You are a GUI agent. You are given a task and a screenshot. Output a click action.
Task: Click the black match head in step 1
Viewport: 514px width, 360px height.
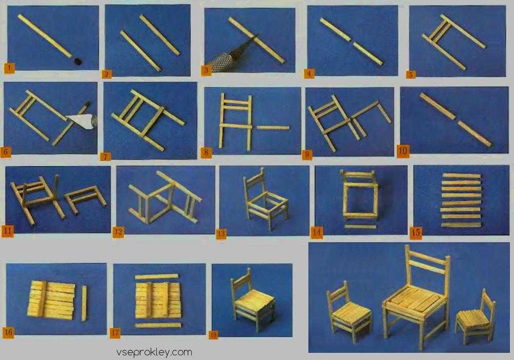coord(78,61)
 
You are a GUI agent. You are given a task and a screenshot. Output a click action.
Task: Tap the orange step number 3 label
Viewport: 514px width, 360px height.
coord(206,70)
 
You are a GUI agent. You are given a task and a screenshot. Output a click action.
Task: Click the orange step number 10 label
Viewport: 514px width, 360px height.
coord(403,151)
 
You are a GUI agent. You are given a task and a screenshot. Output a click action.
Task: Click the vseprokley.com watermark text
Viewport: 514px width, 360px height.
coord(154,352)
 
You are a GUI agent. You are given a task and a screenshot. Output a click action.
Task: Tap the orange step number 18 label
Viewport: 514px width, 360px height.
coord(213,335)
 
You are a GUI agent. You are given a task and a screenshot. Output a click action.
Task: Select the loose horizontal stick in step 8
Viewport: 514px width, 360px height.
coord(273,128)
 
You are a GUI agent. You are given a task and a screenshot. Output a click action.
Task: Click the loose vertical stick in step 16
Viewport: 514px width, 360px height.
coord(84,303)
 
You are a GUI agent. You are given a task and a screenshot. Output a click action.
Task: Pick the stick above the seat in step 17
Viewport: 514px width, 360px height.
coord(157,277)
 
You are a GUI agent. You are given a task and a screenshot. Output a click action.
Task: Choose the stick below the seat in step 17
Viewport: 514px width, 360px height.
coord(158,325)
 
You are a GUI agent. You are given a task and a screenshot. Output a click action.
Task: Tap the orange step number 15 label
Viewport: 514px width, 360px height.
coord(416,232)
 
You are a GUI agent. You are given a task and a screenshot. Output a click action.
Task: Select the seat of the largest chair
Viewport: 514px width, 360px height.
coord(415,299)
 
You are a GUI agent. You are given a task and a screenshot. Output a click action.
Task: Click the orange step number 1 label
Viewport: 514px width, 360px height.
coord(9,68)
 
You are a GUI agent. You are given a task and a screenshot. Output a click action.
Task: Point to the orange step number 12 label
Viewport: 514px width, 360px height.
coord(118,232)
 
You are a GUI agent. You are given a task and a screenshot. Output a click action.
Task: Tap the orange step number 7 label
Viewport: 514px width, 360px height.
coord(105,157)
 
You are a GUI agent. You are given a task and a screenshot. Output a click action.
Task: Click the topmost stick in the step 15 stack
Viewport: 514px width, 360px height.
coord(462,176)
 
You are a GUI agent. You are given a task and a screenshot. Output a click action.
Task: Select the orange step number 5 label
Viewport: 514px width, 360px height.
coord(410,75)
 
